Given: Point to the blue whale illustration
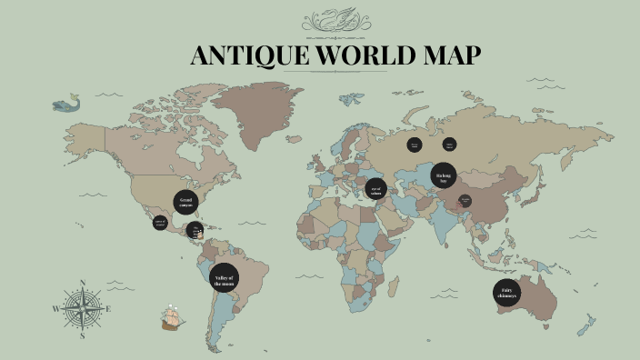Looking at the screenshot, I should coord(65,105).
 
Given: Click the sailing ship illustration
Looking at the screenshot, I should coord(172,316).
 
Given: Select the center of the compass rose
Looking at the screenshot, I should coord(83,309).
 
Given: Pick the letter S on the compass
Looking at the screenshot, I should coord(83,336).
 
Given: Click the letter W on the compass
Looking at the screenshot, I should coord(56,309).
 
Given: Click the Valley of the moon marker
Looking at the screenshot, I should coord(224,279).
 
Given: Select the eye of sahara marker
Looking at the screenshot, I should coord(375,189).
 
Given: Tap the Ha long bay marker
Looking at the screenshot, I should coord(444,176).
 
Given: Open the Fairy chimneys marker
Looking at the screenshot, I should coord(507,293).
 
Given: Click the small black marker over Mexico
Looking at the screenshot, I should coord(160,223).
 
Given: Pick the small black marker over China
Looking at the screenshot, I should coord(465,201).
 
